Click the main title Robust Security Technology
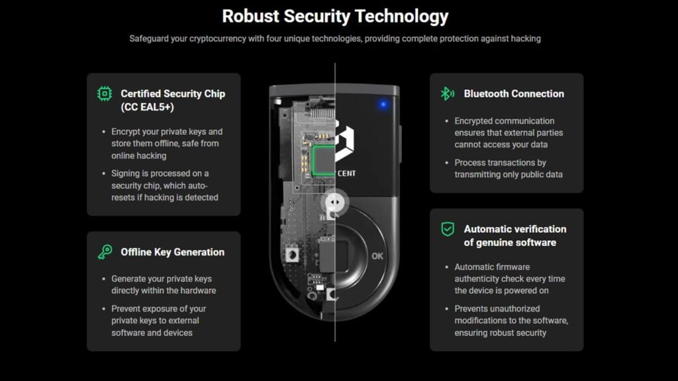(335, 16)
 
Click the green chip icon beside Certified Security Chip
(105, 93)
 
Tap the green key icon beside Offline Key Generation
(105, 252)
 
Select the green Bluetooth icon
(448, 93)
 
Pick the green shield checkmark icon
(448, 229)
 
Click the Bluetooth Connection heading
(514, 94)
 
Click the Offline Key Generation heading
(172, 252)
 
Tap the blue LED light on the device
(383, 104)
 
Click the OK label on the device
(377, 256)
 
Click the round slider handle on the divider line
(334, 201)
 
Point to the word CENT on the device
(356, 175)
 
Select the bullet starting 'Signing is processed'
(164, 185)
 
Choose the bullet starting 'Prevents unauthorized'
(510, 321)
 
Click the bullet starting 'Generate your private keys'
(163, 284)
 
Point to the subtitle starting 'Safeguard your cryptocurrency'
(335, 38)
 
